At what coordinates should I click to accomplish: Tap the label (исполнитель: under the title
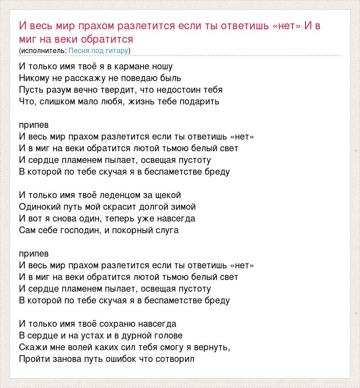point(43,51)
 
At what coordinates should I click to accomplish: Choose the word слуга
point(167,230)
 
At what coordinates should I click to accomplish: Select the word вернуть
point(213,347)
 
